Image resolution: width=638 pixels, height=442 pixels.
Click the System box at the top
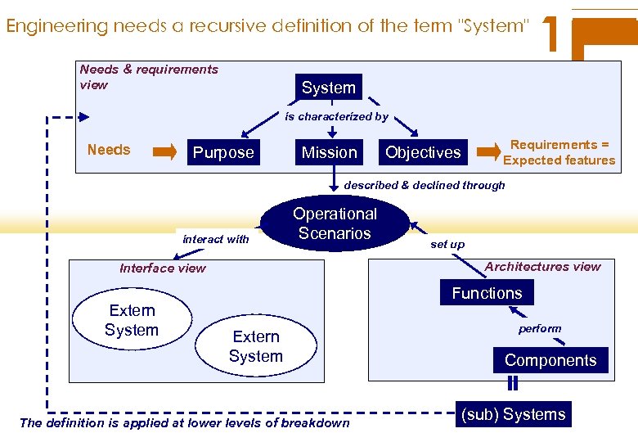click(x=329, y=88)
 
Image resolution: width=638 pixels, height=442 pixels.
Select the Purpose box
click(x=223, y=152)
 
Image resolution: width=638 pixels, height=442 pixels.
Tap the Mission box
click(x=330, y=152)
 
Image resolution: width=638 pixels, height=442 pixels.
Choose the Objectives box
click(x=423, y=152)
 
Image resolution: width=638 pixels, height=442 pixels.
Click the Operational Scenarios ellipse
click(x=335, y=223)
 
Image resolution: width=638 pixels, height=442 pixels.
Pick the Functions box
click(x=487, y=293)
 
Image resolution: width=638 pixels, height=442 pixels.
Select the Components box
click(x=550, y=360)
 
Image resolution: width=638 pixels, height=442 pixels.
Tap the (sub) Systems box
click(x=514, y=414)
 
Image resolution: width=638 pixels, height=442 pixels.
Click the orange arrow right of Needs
click(x=164, y=151)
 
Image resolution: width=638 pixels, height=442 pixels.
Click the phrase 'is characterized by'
click(x=336, y=117)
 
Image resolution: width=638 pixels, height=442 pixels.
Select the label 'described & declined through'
click(x=425, y=185)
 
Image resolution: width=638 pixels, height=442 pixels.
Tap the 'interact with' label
click(x=216, y=239)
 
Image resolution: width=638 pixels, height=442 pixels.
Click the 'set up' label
click(x=447, y=244)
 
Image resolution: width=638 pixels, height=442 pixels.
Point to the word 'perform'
click(x=540, y=328)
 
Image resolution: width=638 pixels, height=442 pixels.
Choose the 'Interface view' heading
click(x=163, y=268)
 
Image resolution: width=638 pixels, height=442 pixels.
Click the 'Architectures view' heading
click(x=542, y=266)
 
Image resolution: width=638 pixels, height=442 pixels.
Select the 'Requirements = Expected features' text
click(x=559, y=152)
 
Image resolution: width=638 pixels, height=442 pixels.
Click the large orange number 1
click(x=552, y=34)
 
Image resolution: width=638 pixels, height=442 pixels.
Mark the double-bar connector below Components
click(x=513, y=383)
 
